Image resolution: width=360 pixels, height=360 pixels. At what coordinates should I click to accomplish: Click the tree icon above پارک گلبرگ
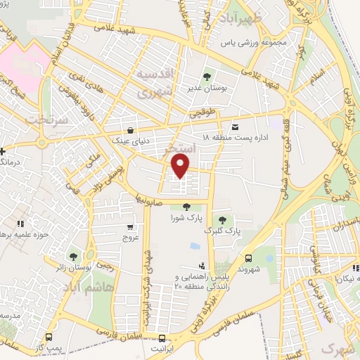pos(223,220)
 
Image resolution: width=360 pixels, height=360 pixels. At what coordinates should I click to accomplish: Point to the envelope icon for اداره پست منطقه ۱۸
pos(235,127)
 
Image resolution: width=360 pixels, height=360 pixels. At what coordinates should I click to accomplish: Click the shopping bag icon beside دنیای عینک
pos(131,129)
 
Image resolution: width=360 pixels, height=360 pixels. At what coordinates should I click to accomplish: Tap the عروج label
pos(131,238)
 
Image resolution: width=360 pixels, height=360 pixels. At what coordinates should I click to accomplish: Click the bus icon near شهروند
pos(248,258)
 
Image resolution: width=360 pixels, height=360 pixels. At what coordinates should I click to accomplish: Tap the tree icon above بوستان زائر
pos(73,256)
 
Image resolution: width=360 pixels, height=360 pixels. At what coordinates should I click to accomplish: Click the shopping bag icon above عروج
pos(131,226)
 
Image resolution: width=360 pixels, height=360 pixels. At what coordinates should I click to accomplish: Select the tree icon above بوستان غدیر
pos(207,77)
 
